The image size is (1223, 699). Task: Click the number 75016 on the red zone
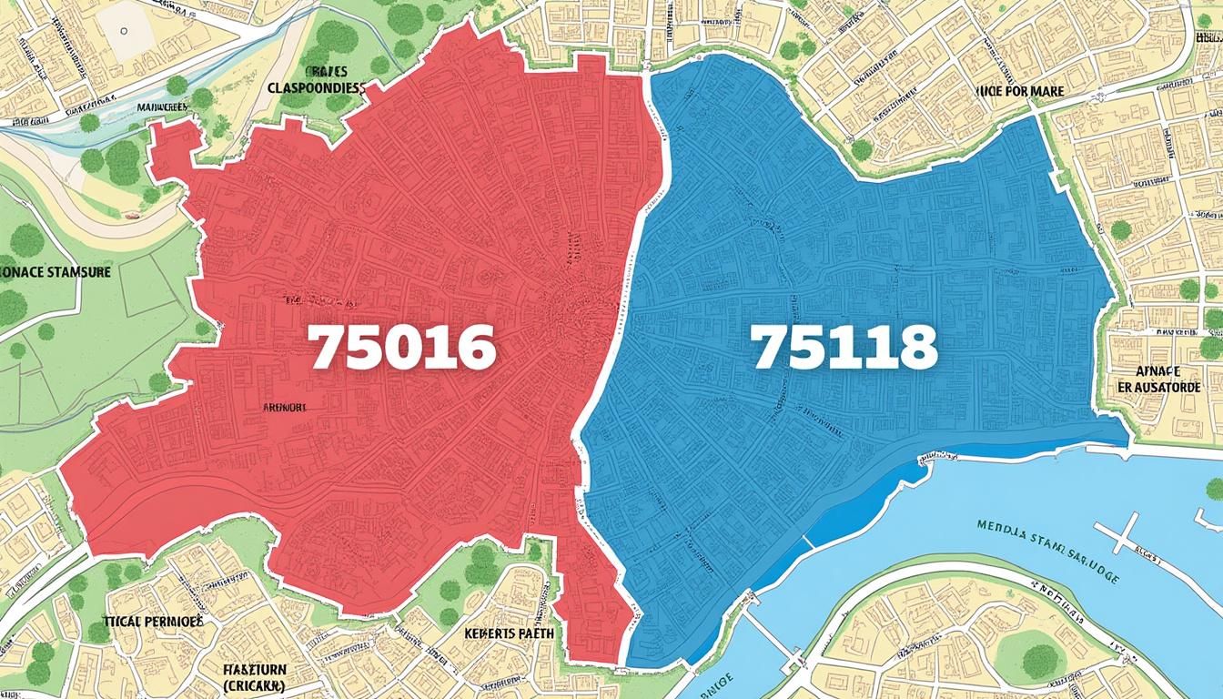401,348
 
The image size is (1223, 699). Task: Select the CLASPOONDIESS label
317,88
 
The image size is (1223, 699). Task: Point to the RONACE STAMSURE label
55,271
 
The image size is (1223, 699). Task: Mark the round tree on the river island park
1040,659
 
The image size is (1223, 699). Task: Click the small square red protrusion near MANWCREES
174,146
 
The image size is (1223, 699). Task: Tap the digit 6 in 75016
476,348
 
